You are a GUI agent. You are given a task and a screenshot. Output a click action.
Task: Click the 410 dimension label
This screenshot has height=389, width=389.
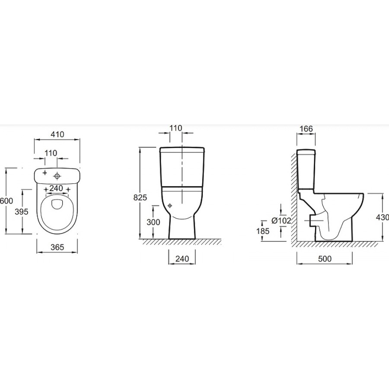pyautogui.click(x=57, y=134)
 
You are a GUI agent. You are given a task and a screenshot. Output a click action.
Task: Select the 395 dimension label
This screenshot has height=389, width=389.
pyautogui.click(x=22, y=212)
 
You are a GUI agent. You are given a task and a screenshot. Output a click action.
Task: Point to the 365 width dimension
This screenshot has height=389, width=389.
pyautogui.click(x=57, y=247)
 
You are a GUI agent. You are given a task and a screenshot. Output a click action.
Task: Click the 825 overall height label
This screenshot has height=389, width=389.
pyautogui.click(x=140, y=198)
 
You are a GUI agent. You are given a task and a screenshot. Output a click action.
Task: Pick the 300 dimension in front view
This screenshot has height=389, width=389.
pyautogui.click(x=153, y=222)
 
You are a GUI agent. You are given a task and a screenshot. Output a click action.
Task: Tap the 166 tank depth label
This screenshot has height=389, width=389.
pyautogui.click(x=306, y=129)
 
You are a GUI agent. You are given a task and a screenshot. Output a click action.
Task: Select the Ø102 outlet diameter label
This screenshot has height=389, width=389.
pyautogui.click(x=281, y=220)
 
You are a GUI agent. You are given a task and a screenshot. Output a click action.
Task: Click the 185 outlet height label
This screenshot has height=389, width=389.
pyautogui.click(x=263, y=231)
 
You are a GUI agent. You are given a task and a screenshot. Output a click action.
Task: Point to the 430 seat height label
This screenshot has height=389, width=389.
pyautogui.click(x=383, y=217)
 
